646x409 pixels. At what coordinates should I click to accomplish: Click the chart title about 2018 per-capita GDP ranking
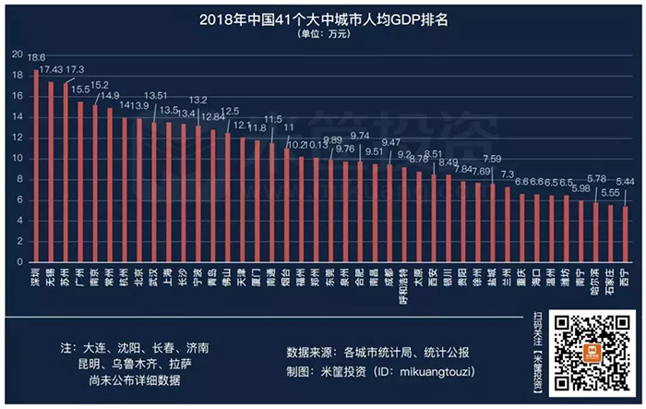[x=323, y=18]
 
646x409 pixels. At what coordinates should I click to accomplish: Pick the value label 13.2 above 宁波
[x=198, y=100]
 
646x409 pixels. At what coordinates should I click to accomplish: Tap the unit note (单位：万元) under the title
[x=323, y=34]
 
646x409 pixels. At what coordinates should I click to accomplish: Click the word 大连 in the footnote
[x=92, y=348]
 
